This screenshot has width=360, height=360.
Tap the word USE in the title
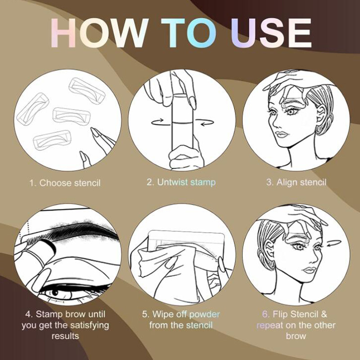pyautogui.click(x=271, y=33)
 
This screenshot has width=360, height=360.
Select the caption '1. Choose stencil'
pyautogui.click(x=65, y=183)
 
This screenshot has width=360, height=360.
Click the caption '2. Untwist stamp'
pyautogui.click(x=181, y=182)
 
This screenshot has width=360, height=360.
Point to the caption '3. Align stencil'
pyautogui.click(x=296, y=182)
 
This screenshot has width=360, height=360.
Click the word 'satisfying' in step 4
pyautogui.click(x=90, y=325)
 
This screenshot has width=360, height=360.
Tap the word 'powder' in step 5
pyautogui.click(x=205, y=314)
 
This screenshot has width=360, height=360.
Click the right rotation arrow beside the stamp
pyautogui.click(x=207, y=122)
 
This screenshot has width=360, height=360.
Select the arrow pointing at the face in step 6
pyautogui.click(x=334, y=243)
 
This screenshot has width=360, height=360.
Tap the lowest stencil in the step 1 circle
pyautogui.click(x=52, y=139)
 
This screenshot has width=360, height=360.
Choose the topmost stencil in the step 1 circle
pyautogui.click(x=87, y=90)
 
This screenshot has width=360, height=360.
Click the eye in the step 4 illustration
pyautogui.click(x=58, y=293)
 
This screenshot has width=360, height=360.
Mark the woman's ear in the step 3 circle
pyautogui.click(x=321, y=114)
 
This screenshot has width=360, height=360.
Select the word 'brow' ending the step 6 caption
pyautogui.click(x=296, y=336)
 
